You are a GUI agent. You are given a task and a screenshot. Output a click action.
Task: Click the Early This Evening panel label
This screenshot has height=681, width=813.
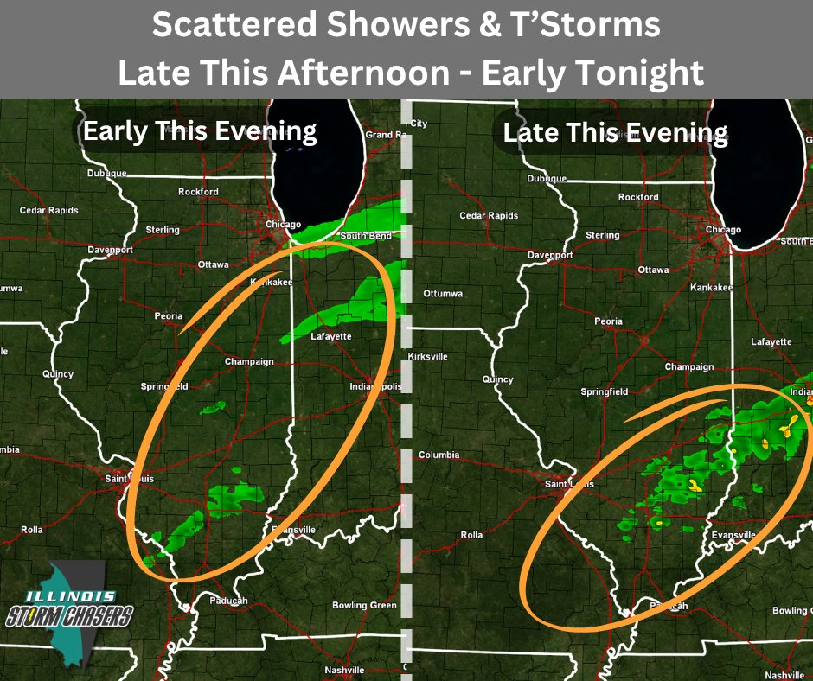point(200,131)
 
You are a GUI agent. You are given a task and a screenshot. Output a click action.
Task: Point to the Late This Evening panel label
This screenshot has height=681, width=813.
point(615,132)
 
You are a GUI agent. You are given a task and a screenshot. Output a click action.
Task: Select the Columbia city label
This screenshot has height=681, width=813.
point(439,455)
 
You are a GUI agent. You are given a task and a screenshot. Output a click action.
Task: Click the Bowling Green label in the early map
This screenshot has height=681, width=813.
point(364,606)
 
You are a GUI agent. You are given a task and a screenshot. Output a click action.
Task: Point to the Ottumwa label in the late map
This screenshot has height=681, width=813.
point(443,294)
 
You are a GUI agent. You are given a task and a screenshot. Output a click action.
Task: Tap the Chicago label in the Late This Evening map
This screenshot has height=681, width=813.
point(723,230)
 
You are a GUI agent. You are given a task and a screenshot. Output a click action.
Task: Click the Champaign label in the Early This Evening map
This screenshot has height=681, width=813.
point(249,361)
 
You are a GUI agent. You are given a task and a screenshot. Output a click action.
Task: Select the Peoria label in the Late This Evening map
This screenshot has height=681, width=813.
point(608,321)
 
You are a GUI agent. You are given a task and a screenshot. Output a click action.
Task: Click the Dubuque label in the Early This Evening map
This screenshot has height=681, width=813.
point(107,173)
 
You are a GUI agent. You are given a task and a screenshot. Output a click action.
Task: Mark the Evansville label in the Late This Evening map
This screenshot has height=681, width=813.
point(733,536)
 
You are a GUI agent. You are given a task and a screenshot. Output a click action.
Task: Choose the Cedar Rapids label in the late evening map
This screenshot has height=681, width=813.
point(489,216)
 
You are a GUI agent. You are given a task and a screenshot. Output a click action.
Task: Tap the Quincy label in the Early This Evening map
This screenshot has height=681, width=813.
point(58,374)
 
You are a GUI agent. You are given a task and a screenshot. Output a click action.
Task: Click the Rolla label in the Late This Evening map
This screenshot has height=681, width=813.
point(471,536)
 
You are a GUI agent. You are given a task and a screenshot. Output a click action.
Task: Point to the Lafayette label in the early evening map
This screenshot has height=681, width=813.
point(330,337)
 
